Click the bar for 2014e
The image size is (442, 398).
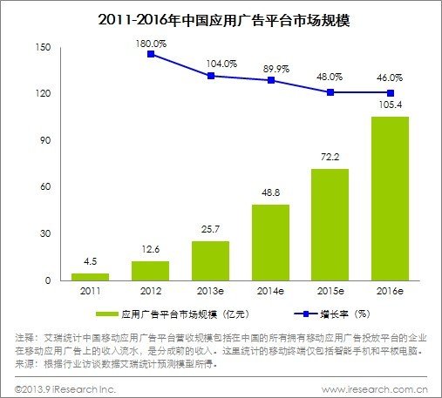pyautogui.click(x=270, y=243)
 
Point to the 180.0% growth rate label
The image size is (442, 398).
pyautogui.click(x=153, y=39)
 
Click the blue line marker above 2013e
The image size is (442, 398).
pyautogui.click(x=212, y=76)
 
